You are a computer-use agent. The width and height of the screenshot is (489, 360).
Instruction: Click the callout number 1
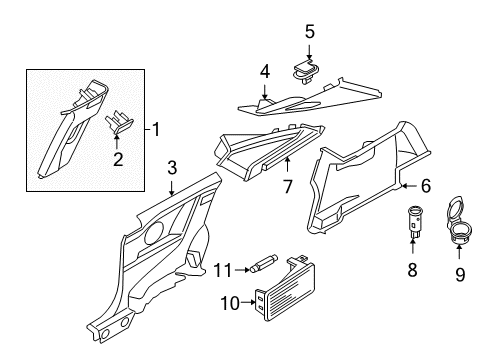point(156,129)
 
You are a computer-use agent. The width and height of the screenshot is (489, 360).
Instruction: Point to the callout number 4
point(265,71)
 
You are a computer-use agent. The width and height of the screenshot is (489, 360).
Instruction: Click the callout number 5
point(309,31)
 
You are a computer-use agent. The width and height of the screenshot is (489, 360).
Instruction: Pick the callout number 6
point(425,185)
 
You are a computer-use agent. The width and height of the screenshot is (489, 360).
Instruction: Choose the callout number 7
point(287,185)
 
